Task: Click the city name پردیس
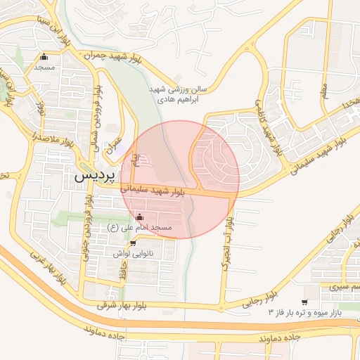pos(94,177)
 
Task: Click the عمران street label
pos(110,144)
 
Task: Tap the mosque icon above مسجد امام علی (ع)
pos(139,216)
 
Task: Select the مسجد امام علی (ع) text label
pos(140,227)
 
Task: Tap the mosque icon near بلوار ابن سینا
pos(44,58)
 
